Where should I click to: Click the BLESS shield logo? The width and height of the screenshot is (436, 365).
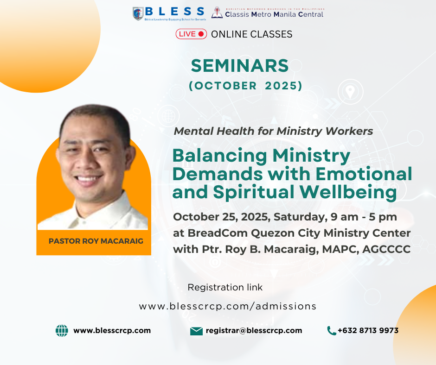pyautogui.click(x=138, y=13)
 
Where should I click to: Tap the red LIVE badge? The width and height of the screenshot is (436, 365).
pyautogui.click(x=191, y=34)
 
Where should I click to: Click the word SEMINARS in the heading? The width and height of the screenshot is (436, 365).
pyautogui.click(x=240, y=66)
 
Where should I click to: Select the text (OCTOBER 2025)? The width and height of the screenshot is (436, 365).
pyautogui.click(x=245, y=86)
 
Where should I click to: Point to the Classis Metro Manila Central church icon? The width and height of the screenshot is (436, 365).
pyautogui.click(x=217, y=13)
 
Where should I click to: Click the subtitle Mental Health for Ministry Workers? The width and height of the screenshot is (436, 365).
pyautogui.click(x=273, y=131)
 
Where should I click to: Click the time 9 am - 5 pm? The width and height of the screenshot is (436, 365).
pyautogui.click(x=364, y=217)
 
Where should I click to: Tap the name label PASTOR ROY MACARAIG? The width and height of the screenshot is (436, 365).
pyautogui.click(x=96, y=241)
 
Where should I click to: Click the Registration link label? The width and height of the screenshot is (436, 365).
pyautogui.click(x=225, y=287)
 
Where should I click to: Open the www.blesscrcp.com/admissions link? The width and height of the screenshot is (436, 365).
pyautogui.click(x=227, y=306)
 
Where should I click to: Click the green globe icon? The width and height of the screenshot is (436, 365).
pyautogui.click(x=62, y=331)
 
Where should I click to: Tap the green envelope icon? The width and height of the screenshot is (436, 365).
pyautogui.click(x=196, y=331)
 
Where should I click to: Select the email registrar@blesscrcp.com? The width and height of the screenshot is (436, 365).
pyautogui.click(x=254, y=331)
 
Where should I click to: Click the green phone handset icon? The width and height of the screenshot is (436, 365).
pyautogui.click(x=332, y=331)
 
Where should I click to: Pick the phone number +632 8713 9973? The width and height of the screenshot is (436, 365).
pyautogui.click(x=368, y=331)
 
